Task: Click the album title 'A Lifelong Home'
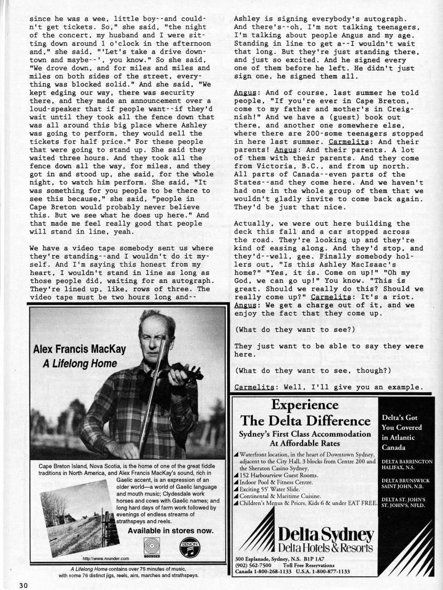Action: tap(79, 364)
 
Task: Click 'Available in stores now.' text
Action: tap(171, 530)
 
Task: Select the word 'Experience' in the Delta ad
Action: tap(305, 405)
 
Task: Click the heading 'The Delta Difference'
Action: tap(305, 421)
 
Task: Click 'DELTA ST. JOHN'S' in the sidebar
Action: tap(405, 499)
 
